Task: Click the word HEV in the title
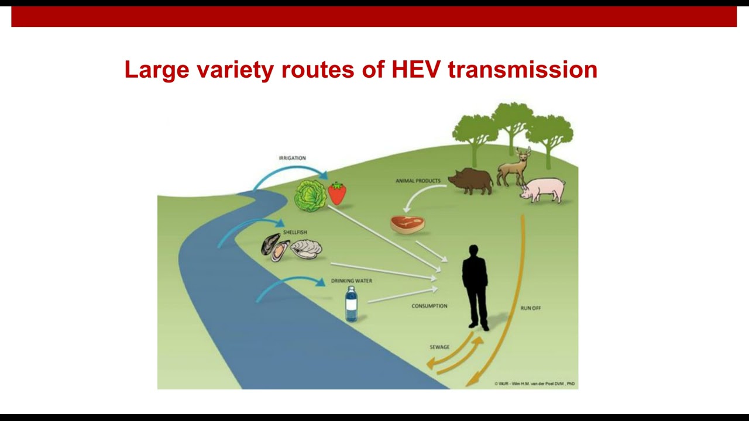(x=416, y=70)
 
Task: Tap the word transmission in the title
(x=523, y=70)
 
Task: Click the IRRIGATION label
(x=292, y=158)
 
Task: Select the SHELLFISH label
(x=295, y=232)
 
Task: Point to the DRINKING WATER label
(x=352, y=281)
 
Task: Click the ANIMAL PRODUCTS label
(x=418, y=181)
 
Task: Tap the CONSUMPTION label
(x=429, y=306)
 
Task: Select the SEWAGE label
(x=439, y=347)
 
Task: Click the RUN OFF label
(x=531, y=308)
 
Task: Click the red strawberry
(x=337, y=193)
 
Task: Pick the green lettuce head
(x=310, y=195)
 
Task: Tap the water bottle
(x=351, y=304)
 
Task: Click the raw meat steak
(x=407, y=225)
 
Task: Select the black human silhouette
(x=475, y=287)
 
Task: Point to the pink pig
(x=544, y=189)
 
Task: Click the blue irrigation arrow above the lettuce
(x=290, y=170)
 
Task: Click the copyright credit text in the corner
(x=534, y=384)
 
